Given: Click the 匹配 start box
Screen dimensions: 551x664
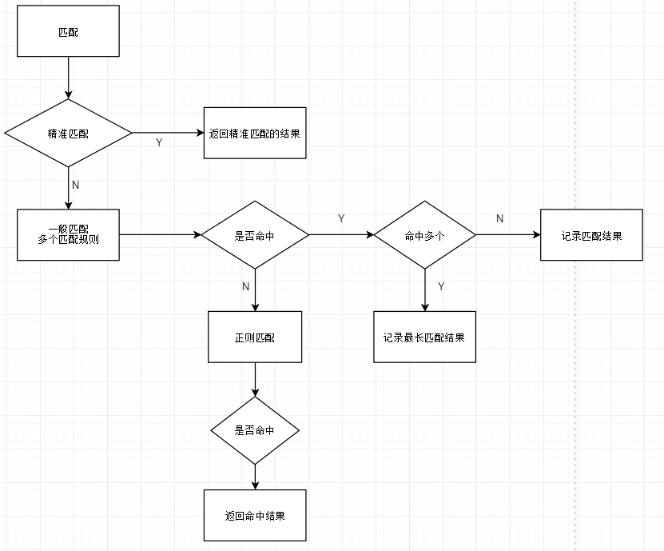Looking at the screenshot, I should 68,31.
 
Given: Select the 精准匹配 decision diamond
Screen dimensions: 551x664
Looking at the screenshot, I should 68,133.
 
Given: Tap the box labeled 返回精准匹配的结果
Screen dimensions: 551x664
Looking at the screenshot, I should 255,133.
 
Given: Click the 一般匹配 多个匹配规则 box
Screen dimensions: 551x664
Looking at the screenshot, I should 68,235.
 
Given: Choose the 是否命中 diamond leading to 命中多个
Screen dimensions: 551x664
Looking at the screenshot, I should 255,235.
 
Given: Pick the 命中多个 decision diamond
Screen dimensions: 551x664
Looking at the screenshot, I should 424,235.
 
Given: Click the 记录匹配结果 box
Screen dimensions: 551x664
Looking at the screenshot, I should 591,235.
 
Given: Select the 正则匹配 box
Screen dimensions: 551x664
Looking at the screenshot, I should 255,337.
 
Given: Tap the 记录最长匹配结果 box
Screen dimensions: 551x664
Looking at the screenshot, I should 424,337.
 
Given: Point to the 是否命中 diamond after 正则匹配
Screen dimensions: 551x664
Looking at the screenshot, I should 255,430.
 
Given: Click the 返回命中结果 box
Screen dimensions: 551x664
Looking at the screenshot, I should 255,515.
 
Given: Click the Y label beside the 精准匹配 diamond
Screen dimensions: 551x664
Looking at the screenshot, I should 158,142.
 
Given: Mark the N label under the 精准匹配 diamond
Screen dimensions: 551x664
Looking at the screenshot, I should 76,185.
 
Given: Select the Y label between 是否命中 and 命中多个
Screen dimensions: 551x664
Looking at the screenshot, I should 341,218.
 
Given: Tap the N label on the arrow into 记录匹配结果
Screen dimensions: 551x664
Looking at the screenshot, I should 500,218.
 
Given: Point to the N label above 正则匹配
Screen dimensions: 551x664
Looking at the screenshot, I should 245,285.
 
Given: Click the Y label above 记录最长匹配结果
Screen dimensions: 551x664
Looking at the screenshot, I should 441,285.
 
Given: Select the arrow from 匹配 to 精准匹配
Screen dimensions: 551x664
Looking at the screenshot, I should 68,78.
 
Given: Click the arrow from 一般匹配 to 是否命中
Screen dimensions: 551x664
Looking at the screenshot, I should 160,235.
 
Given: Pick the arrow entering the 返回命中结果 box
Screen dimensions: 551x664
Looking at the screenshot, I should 255,477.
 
